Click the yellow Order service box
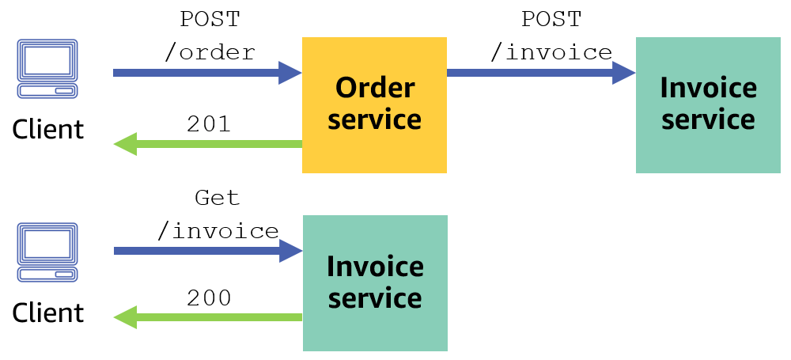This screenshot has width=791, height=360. (x=374, y=104)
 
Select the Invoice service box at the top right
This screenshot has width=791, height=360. (x=708, y=104)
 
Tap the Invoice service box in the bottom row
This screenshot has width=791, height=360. (x=375, y=283)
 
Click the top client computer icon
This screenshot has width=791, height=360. (x=48, y=69)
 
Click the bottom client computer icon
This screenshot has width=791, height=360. (x=48, y=252)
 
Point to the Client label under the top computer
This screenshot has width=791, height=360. (x=48, y=128)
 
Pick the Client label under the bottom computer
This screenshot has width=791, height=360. (x=48, y=312)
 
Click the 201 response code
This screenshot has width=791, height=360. (x=209, y=123)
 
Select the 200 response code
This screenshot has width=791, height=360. (x=209, y=298)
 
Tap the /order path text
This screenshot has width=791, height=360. (x=210, y=53)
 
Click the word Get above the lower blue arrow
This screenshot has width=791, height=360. (x=217, y=197)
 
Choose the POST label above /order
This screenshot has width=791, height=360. (x=210, y=19)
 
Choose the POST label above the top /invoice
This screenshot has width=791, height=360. (x=551, y=19)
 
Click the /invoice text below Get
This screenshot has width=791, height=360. (x=218, y=231)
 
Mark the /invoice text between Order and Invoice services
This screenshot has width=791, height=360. (x=551, y=53)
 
